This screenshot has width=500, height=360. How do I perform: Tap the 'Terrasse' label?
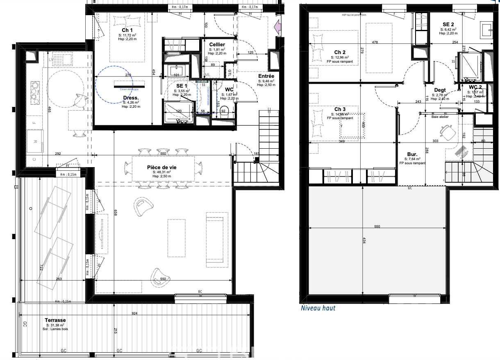(x=55, y=320)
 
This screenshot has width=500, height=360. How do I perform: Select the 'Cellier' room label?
(x=217, y=44)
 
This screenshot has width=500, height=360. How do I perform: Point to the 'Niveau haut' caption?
(x=318, y=308)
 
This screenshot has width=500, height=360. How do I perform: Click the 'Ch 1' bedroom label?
(x=127, y=30)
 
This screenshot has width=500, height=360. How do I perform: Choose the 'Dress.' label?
(x=131, y=97)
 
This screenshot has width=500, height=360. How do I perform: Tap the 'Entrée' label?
(x=266, y=76)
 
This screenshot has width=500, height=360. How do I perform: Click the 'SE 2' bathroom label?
(x=448, y=24)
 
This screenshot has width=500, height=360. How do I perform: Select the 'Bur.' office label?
(x=412, y=154)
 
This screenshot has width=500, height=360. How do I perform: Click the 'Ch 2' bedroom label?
(x=340, y=52)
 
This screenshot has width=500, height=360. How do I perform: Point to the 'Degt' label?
(x=440, y=90)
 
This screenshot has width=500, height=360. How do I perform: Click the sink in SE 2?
(x=487, y=29)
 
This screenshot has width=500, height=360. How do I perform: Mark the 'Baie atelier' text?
(x=440, y=117)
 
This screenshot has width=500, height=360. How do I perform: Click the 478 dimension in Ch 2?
(x=375, y=42)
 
